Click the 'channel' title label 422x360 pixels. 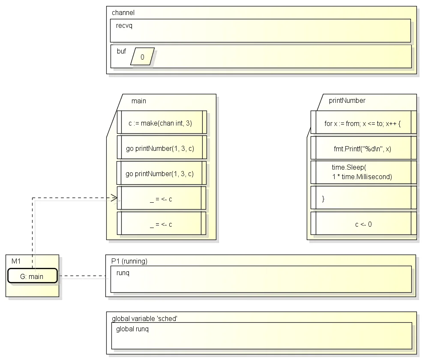[123, 13]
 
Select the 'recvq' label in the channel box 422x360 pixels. [124, 26]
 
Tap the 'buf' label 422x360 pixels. [121, 51]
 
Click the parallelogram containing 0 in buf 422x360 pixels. [142, 57]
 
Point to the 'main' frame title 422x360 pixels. [139, 101]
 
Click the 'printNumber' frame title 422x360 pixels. [347, 100]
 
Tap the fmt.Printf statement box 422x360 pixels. [364, 148]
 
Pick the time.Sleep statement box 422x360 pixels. [364, 172]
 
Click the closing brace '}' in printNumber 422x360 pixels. [323, 199]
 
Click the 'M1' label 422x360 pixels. [16, 261]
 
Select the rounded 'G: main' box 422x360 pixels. [33, 276]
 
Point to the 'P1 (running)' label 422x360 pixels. [129, 261]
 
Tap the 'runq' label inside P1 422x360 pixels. [123, 273]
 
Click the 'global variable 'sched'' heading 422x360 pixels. [144, 318]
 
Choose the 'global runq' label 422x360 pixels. [132, 329]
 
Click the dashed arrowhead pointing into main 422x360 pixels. [115, 198]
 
